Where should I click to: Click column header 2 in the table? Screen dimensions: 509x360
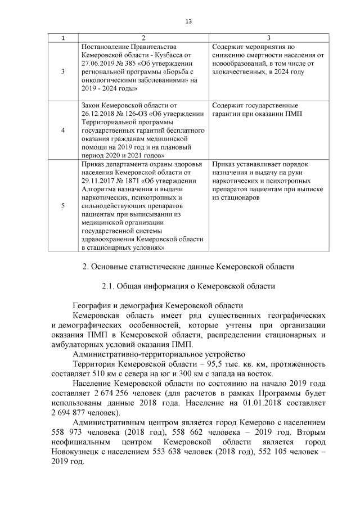click(x=143, y=38)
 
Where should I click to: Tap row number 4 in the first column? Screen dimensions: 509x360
click(x=62, y=129)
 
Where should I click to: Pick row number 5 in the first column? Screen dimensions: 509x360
click(x=62, y=205)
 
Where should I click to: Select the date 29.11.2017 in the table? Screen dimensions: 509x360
click(x=100, y=180)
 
